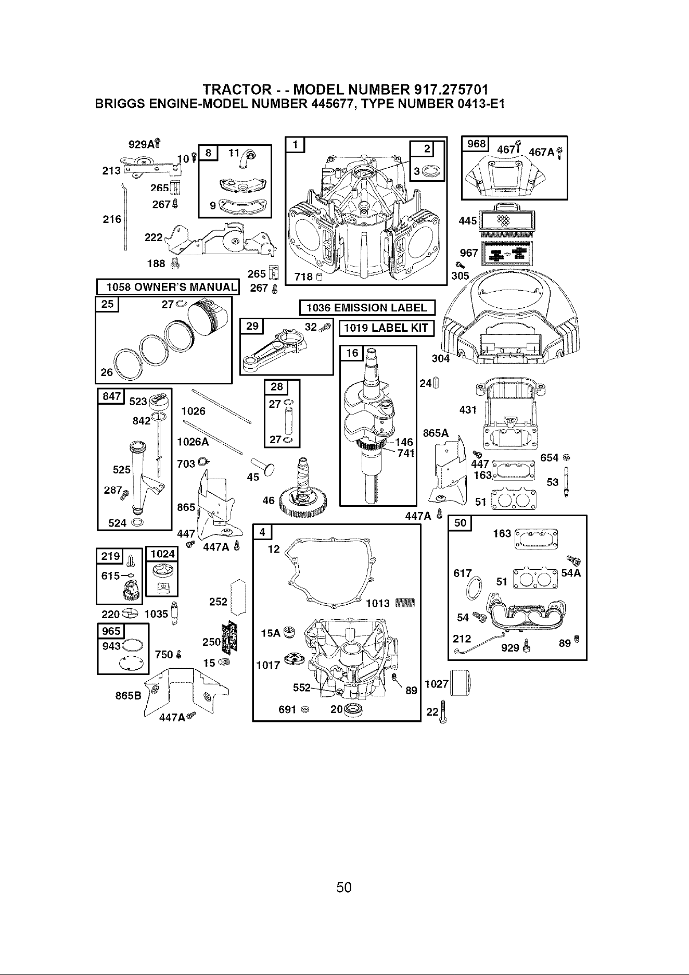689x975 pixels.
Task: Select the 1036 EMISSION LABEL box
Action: pos(367,308)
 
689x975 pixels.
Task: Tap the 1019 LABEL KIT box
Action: pos(386,328)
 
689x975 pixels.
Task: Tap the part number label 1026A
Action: pos(193,442)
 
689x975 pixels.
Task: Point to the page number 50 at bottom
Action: pos(344,887)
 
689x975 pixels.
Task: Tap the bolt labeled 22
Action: pos(443,711)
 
